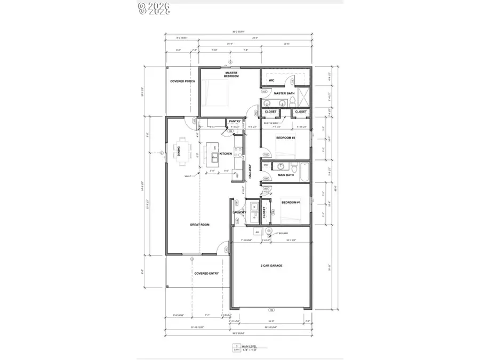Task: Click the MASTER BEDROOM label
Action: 231,75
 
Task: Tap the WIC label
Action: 271,81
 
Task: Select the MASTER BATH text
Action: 284,94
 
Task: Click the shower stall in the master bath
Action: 305,97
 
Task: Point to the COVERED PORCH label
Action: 182,81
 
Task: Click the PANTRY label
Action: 235,122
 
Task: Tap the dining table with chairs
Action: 183,151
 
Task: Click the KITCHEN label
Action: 226,154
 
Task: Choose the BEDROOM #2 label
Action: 285,138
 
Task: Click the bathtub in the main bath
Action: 303,174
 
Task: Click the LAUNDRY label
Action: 239,212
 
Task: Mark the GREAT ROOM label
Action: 199,225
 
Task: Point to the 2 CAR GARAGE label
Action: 272,265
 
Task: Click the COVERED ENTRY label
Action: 206,274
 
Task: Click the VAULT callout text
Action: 188,175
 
